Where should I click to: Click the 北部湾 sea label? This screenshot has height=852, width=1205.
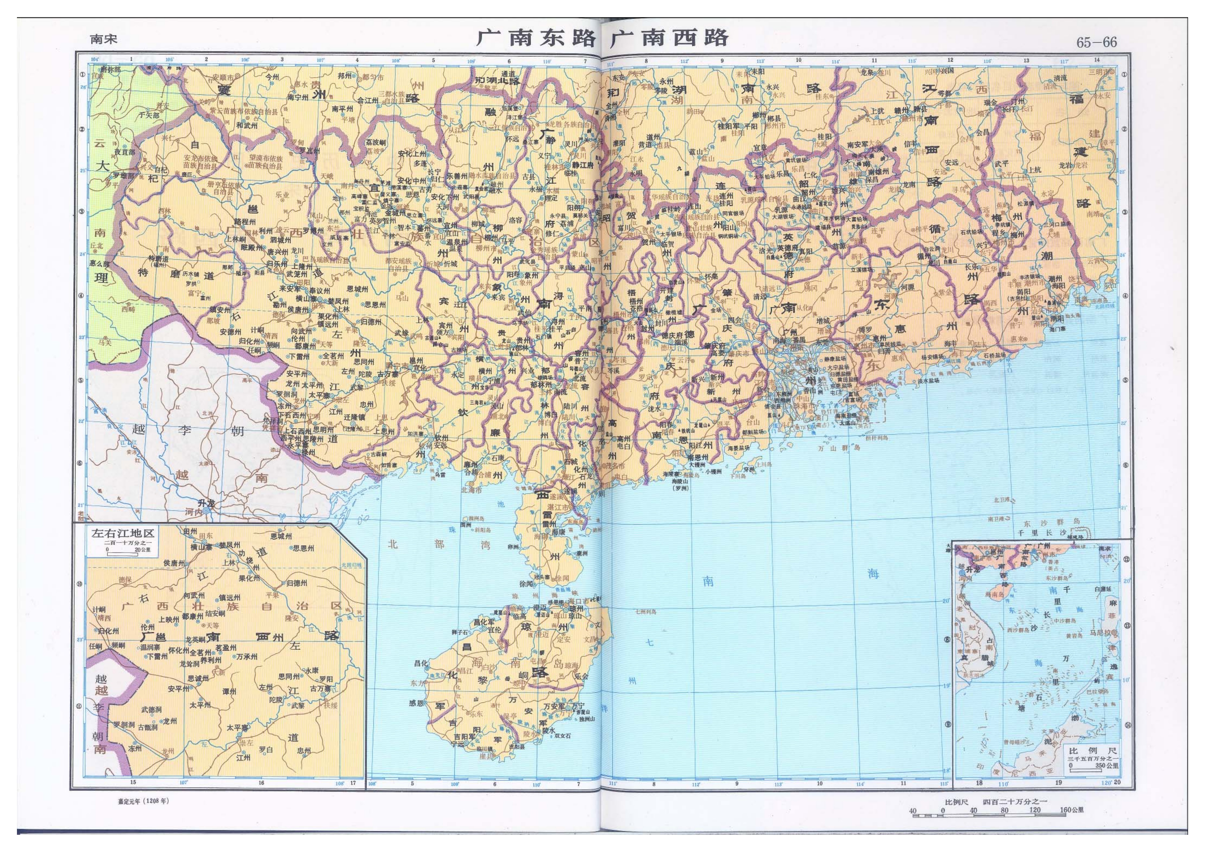[x=437, y=544]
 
